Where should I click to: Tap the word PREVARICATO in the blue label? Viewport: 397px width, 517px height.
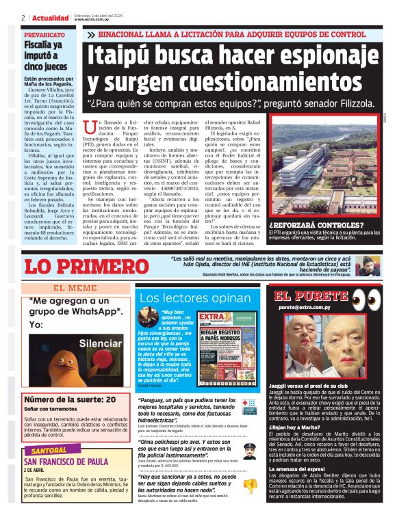click(44, 34)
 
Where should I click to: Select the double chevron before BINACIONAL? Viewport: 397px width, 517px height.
click(91, 34)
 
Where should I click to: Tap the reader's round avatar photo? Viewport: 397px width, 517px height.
click(147, 321)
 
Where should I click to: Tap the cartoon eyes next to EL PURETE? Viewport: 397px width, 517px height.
click(367, 299)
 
